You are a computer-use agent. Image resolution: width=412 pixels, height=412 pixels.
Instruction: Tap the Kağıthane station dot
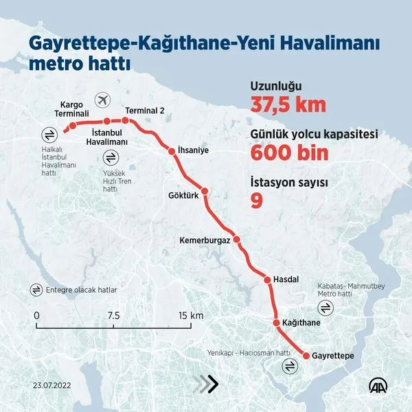tap(276, 322)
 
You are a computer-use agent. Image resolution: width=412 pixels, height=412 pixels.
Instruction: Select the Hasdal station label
tap(286, 280)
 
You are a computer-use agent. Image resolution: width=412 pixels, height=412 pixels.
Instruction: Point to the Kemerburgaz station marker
tap(236, 240)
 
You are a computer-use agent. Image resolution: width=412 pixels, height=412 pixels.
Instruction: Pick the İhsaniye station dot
tap(172, 150)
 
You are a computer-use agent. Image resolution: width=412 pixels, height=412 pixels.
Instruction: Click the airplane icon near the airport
tap(103, 100)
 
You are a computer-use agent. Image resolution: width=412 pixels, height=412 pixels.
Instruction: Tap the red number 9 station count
tap(256, 200)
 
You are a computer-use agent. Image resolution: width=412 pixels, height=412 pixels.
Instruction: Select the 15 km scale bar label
tap(192, 315)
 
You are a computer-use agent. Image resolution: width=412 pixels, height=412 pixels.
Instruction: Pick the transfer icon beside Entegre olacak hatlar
tap(36, 290)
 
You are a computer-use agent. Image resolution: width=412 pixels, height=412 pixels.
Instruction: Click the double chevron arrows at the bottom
tap(205, 385)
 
